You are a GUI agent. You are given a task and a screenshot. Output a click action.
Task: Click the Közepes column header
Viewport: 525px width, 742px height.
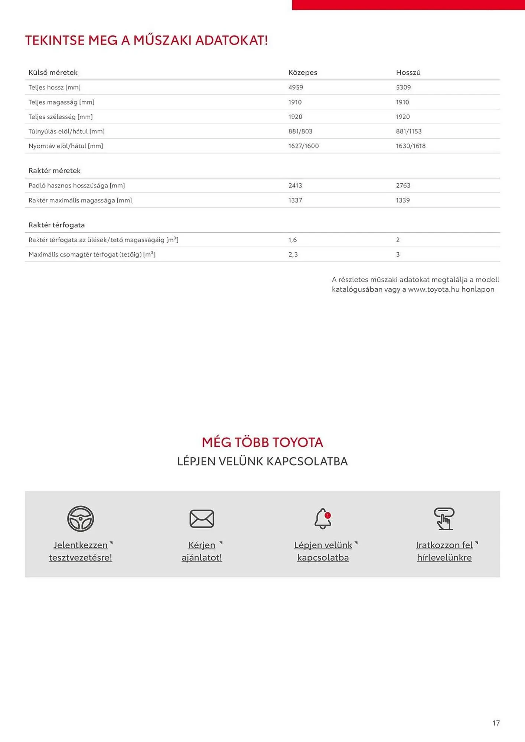(303, 72)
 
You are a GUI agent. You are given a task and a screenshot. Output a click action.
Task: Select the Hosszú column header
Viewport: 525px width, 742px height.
(408, 72)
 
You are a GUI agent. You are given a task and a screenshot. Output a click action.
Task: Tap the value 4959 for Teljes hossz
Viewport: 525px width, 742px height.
(296, 87)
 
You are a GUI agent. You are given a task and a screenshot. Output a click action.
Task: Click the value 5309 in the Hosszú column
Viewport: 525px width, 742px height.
(403, 87)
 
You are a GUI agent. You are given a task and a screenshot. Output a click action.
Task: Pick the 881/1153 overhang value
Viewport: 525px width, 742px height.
(408, 131)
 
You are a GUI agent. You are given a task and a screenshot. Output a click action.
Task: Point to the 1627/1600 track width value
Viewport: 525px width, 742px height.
(303, 146)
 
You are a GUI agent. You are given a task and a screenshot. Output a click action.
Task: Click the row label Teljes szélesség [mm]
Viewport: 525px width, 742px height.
(61, 116)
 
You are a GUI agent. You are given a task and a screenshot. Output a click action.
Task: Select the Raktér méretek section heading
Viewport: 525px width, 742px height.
(55, 171)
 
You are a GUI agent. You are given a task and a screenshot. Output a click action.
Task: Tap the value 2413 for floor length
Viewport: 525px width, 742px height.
(295, 185)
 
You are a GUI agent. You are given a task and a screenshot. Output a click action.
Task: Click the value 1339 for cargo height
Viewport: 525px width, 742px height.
(403, 200)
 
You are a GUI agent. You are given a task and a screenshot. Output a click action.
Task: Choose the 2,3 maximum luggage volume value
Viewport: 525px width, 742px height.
(293, 255)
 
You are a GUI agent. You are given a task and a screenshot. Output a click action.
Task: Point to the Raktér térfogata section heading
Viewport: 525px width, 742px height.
(56, 225)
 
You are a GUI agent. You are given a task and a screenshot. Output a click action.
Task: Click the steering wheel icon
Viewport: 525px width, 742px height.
(81, 519)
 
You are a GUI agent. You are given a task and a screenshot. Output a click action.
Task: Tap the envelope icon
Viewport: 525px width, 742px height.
(202, 519)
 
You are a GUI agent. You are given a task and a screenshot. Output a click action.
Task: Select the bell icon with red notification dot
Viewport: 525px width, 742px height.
(323, 519)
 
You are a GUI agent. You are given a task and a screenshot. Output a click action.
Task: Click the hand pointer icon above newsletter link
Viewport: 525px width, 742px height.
(444, 519)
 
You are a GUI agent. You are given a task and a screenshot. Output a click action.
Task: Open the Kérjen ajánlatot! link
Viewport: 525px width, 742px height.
(202, 551)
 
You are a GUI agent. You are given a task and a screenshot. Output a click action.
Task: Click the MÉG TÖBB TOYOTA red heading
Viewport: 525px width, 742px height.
(262, 442)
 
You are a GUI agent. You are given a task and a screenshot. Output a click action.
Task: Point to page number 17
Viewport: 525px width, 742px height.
(496, 723)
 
